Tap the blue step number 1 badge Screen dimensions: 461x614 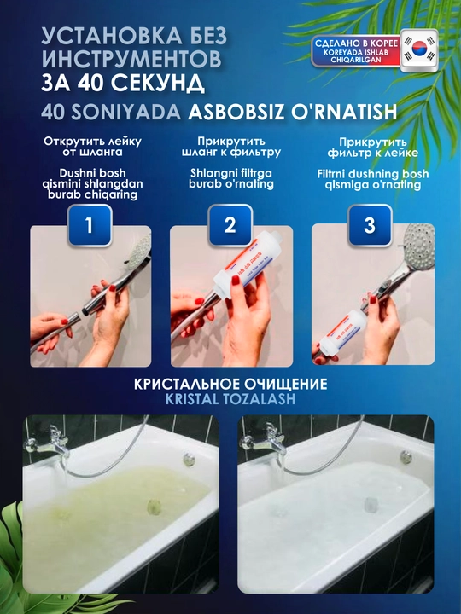[x=90, y=225]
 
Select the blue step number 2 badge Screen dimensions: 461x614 [x=230, y=225]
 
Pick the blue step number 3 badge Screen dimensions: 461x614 [x=370, y=225]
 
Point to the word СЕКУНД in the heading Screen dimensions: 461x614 [x=157, y=83]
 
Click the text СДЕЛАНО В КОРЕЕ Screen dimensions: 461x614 [x=356, y=43]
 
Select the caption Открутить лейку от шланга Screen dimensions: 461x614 [x=92, y=147]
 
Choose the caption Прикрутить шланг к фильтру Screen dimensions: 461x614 [x=231, y=147]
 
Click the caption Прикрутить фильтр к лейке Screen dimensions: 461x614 [x=373, y=148]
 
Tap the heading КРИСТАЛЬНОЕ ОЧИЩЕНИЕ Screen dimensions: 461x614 [x=230, y=384]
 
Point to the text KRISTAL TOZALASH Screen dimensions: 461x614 [x=230, y=398]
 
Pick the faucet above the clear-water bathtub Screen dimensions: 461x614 [x=266, y=442]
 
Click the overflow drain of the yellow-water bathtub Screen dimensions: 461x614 [x=189, y=458]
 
